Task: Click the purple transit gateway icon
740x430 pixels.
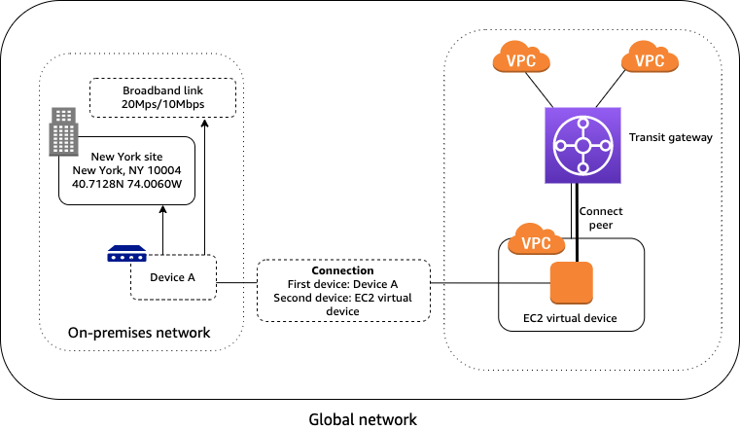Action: pyautogui.click(x=582, y=145)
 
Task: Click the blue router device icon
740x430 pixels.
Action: pyautogui.click(x=126, y=256)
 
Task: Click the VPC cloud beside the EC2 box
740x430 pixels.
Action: pyautogui.click(x=531, y=241)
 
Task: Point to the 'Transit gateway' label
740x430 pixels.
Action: pyautogui.click(x=671, y=138)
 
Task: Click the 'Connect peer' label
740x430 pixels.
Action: pyautogui.click(x=600, y=219)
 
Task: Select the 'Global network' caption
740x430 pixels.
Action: pyautogui.click(x=363, y=419)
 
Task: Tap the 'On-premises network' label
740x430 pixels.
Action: pyautogui.click(x=139, y=333)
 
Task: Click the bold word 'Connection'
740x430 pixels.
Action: pyautogui.click(x=342, y=269)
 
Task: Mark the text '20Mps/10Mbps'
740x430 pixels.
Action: pyautogui.click(x=162, y=105)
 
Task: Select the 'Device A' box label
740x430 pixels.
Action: pyautogui.click(x=173, y=277)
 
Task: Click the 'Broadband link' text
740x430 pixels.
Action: pyautogui.click(x=162, y=90)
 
